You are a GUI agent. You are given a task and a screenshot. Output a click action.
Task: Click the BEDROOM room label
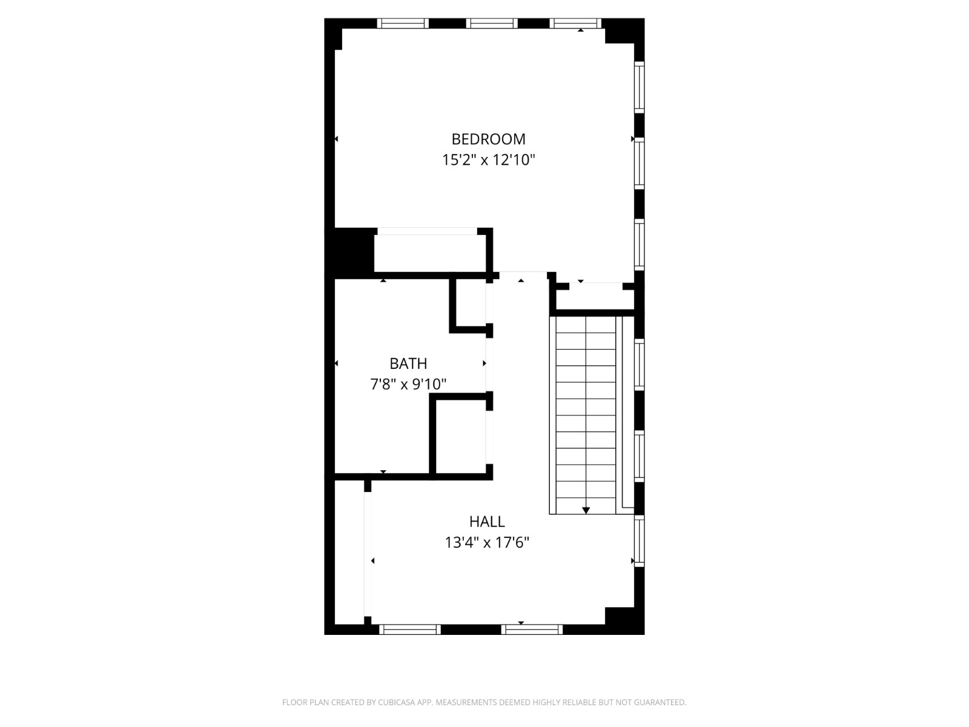coord(488,139)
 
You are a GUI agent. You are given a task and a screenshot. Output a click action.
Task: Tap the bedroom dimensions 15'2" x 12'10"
coord(488,161)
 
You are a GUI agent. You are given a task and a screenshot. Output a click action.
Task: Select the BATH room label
coord(408,363)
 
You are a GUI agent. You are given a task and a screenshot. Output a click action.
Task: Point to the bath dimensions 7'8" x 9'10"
coord(408,384)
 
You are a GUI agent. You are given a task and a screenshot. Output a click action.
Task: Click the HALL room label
coord(487,522)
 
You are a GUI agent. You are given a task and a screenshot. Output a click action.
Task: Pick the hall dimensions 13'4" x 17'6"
coord(487,543)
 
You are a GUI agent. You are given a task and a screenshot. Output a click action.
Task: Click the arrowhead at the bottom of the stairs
coord(586,511)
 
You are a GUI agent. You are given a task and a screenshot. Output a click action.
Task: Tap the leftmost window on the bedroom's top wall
coord(403,24)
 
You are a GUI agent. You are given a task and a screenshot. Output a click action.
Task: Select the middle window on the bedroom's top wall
coord(492,24)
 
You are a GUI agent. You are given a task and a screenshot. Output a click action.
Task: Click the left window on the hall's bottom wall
coord(410,629)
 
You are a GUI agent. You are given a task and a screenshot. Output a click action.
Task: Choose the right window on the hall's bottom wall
coord(532,629)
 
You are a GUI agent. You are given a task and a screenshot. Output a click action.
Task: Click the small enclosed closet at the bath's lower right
coord(461,436)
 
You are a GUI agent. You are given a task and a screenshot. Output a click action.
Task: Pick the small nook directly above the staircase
coord(595,299)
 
